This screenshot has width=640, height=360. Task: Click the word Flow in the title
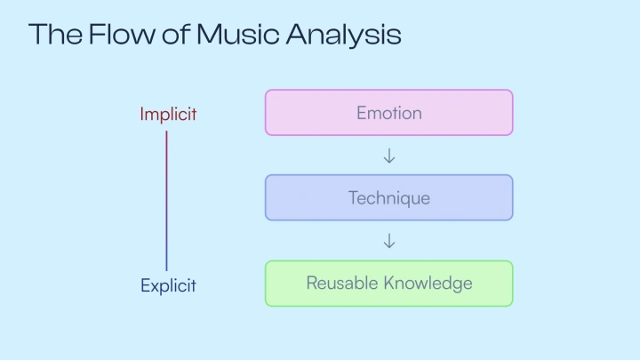[x=116, y=34]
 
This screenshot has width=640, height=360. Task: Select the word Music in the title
[x=236, y=34]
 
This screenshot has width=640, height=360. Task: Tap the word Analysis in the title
[x=344, y=36]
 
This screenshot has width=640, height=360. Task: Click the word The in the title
[x=55, y=34]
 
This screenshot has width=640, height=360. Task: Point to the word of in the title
[x=173, y=34]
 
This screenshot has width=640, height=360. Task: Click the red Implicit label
[x=168, y=114]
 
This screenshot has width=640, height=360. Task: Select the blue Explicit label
[x=168, y=285]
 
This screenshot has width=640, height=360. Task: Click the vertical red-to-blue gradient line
[x=166, y=200]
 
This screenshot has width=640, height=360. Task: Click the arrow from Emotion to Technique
[x=388, y=156]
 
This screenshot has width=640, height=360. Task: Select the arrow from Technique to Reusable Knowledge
[x=388, y=241]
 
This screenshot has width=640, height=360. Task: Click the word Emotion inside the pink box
[x=388, y=113]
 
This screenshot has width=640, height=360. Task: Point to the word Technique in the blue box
[x=388, y=197]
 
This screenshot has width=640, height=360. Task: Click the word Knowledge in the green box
[x=428, y=284]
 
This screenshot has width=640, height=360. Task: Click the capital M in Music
[x=209, y=34]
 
